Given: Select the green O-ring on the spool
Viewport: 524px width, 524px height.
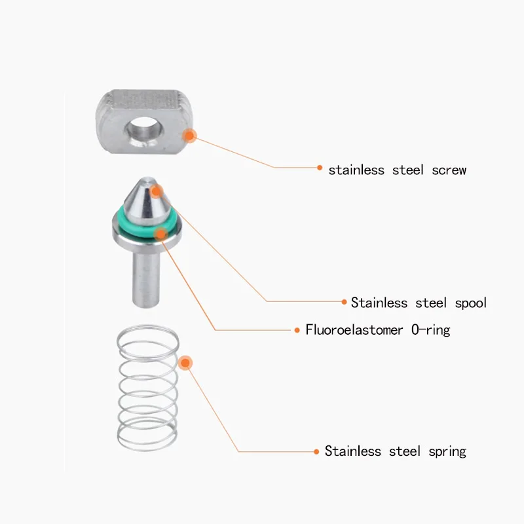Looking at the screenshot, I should (131, 223).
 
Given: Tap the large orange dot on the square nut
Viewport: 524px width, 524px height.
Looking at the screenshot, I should (190, 136).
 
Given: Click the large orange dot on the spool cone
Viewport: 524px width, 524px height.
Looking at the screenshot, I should (156, 191).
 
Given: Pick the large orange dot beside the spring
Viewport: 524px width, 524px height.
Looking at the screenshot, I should (185, 362).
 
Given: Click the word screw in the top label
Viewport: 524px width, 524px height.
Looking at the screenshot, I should (449, 170).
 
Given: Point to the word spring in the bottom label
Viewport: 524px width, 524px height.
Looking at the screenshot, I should (447, 451).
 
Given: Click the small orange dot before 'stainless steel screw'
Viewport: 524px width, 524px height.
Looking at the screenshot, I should (320, 168).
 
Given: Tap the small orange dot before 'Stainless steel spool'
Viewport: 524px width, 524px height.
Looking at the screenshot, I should (345, 302).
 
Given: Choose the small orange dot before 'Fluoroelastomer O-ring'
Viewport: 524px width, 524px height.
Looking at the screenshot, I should (297, 329).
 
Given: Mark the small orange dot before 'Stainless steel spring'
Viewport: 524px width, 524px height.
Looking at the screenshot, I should (316, 450).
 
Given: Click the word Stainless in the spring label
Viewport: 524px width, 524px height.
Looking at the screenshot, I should (353, 451).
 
